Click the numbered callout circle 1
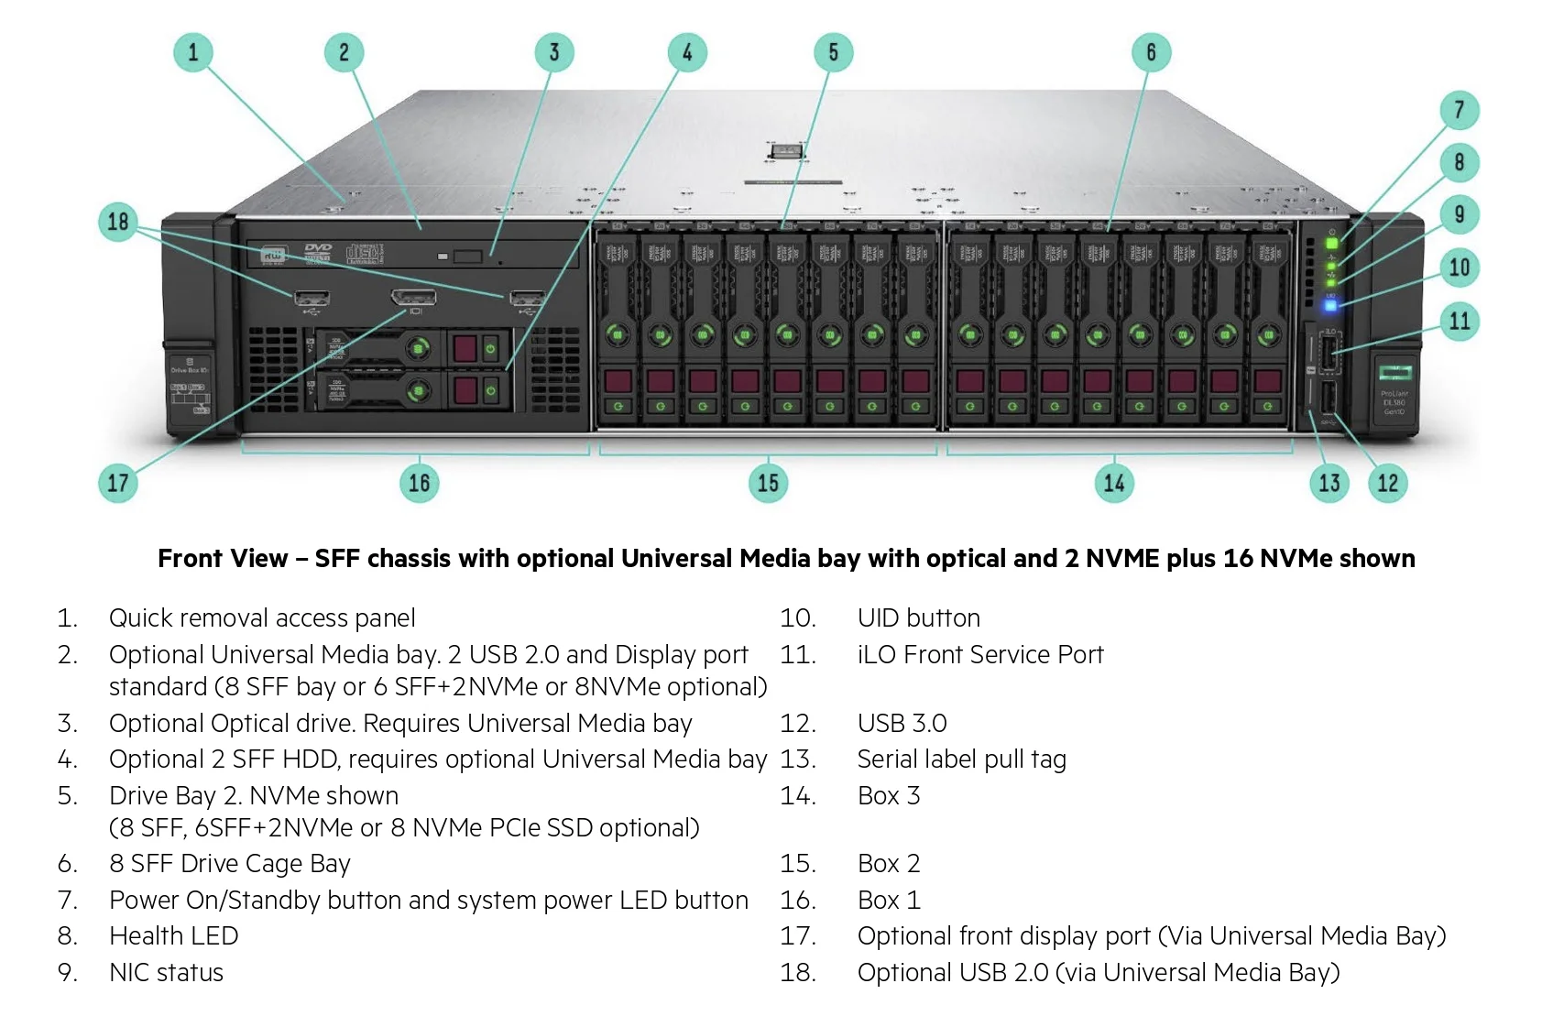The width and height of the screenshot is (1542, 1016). coord(192,52)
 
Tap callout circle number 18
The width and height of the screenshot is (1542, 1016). coord(118,222)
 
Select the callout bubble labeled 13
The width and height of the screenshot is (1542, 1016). coord(1329,483)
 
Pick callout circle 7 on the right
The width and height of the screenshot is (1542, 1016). coord(1460,110)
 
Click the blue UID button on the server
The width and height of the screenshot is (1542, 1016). coord(1330,304)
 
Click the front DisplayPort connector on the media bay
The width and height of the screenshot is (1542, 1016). coord(413,298)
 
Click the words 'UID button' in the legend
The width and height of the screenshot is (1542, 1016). coord(918,618)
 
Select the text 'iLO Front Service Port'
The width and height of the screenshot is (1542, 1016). coord(979,655)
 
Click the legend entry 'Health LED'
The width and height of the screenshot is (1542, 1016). coord(173,936)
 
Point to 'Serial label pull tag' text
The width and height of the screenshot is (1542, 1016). coord(961,759)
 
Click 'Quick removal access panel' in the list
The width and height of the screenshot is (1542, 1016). coord(262,618)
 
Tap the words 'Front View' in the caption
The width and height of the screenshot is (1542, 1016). coord(223,559)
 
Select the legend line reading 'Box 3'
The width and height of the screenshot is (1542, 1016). coord(888,796)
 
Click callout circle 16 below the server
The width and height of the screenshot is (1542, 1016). coord(419,483)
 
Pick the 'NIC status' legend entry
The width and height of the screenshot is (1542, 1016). coord(166,973)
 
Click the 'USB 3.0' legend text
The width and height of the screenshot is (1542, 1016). coord(902,724)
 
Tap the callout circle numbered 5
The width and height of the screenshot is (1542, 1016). coord(833,52)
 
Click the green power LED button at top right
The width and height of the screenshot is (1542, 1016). coord(1332,244)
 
